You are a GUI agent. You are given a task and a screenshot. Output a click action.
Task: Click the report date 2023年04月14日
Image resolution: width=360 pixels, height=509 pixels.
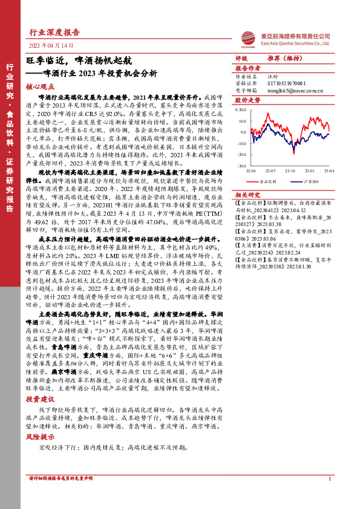click(53, 45)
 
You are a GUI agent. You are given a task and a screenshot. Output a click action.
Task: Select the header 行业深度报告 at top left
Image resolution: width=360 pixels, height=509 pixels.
click(54, 32)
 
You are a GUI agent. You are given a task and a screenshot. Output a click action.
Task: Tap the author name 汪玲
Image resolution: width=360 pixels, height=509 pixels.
click(272, 77)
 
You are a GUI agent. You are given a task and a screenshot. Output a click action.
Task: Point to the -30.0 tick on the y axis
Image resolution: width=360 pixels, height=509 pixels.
click(241, 165)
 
